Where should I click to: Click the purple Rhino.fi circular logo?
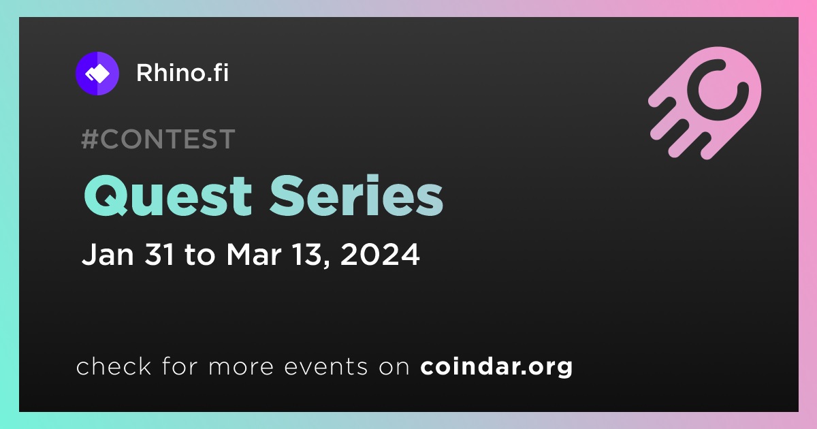(x=97, y=74)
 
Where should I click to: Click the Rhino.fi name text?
(x=182, y=73)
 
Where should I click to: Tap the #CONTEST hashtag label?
(x=158, y=139)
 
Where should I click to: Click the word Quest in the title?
(x=168, y=195)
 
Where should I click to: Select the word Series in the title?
(x=356, y=195)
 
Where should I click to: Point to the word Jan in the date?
(x=108, y=254)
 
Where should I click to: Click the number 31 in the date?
(x=160, y=254)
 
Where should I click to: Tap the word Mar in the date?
(x=254, y=254)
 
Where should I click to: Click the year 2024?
(x=380, y=254)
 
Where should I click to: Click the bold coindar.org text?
(x=496, y=366)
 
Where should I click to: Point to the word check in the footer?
(x=114, y=366)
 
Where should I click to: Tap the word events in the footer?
(x=326, y=366)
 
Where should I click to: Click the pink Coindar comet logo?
(x=705, y=103)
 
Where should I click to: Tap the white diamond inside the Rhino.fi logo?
(x=99, y=74)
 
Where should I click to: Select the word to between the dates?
(x=200, y=255)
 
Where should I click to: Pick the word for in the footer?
(x=180, y=366)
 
